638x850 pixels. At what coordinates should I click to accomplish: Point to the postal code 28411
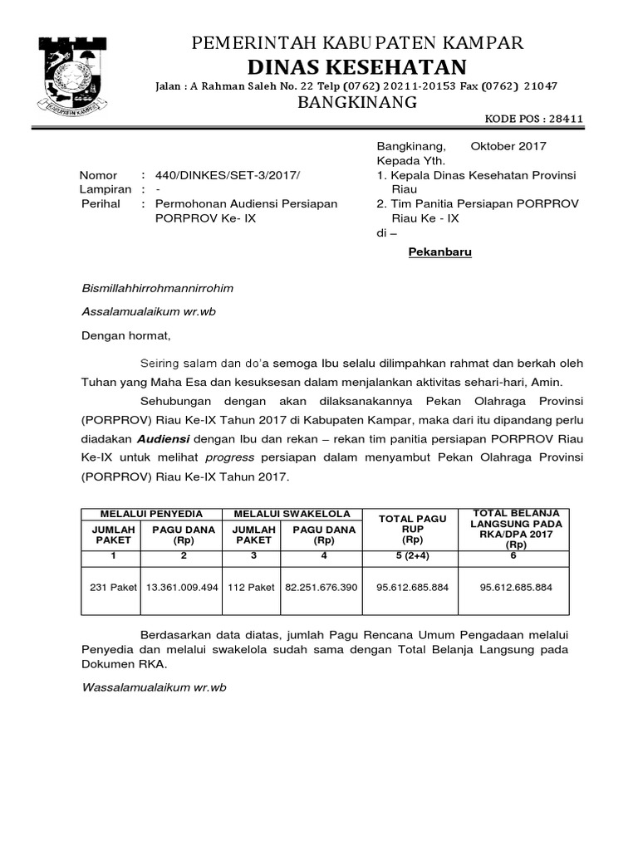tap(566, 119)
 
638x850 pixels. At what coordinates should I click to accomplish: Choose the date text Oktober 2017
tap(508, 146)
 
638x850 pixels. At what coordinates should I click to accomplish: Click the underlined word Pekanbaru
tap(439, 252)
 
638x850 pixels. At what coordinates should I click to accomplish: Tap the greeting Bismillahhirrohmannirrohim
tap(157, 288)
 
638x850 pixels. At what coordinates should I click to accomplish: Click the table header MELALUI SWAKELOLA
tap(292, 515)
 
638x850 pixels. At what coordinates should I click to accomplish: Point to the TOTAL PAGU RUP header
tap(412, 525)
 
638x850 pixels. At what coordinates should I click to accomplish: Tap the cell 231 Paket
tap(111, 587)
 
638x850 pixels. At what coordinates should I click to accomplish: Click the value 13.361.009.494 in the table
tap(182, 587)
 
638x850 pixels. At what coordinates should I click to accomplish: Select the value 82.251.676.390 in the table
tap(321, 587)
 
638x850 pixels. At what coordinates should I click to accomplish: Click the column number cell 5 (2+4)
tap(412, 554)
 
